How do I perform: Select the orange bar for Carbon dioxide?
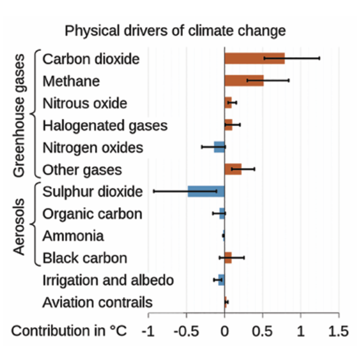point(254,58)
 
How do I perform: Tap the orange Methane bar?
point(244,80)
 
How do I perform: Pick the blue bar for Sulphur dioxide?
point(206,191)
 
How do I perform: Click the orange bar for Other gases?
point(233,169)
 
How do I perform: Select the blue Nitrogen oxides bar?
point(219,147)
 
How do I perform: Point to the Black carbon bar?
point(228,258)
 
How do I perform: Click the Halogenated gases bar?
point(228,125)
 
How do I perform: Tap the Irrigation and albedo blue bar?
point(221,280)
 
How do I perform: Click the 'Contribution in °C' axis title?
point(69,330)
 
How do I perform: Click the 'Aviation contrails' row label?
point(97,302)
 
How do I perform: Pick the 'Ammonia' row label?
point(73,236)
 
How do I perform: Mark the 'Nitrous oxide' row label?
point(85,103)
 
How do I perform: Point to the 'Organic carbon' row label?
point(92,214)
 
